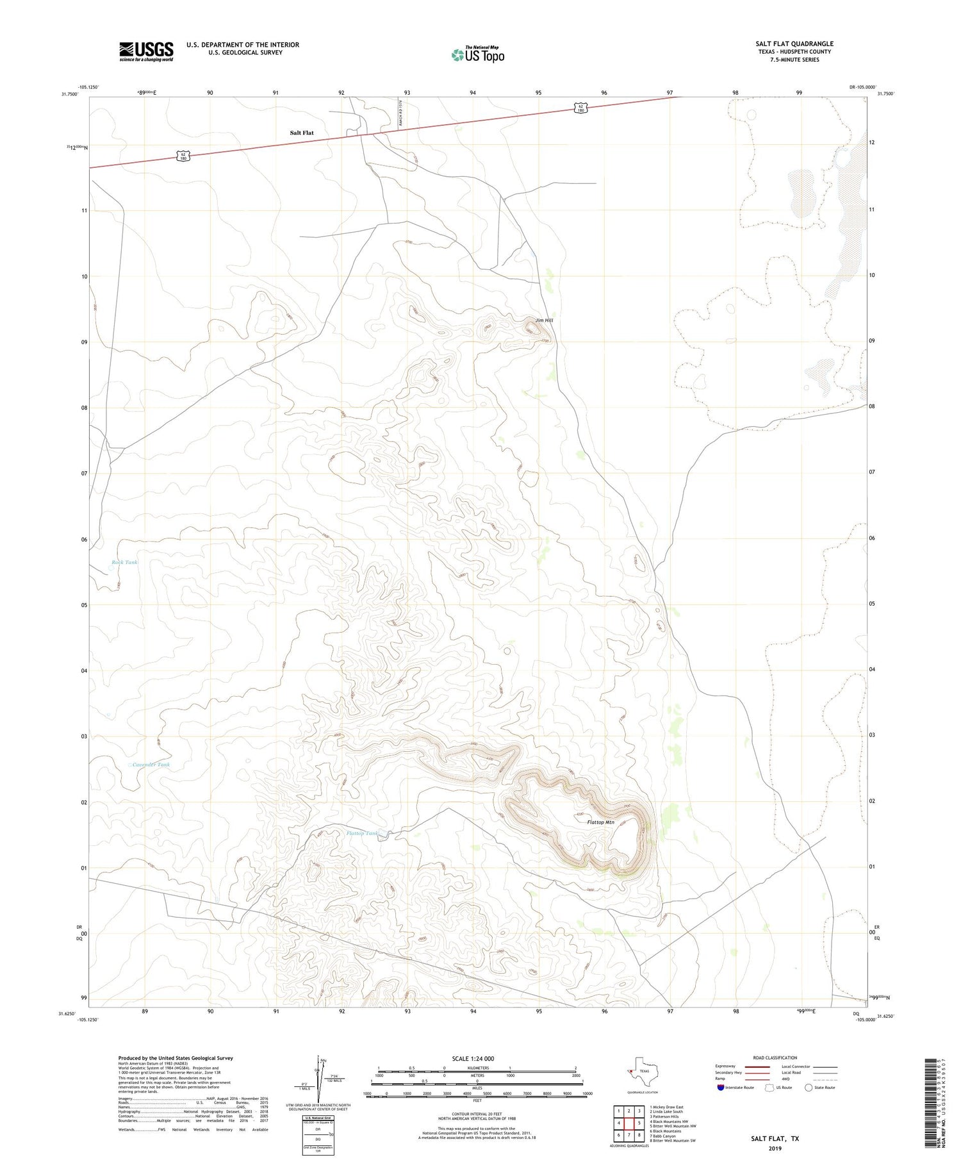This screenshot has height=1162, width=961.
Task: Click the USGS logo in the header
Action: point(146,51)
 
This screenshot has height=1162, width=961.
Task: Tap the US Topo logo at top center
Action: point(478,55)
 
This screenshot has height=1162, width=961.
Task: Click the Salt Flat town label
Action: point(302,133)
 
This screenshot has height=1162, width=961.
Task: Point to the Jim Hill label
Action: point(544,320)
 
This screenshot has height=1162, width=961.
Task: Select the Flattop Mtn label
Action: point(600,822)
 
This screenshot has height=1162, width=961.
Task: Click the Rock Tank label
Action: point(124,562)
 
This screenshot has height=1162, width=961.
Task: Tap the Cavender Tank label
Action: point(151,765)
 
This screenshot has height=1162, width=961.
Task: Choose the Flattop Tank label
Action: point(363,833)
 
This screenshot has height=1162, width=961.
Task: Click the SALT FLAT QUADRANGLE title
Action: point(794,44)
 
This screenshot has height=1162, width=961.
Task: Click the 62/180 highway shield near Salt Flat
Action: point(183,156)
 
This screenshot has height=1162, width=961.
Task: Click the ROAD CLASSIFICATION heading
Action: point(775,1058)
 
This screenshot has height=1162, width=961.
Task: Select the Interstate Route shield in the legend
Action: point(721,1088)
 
